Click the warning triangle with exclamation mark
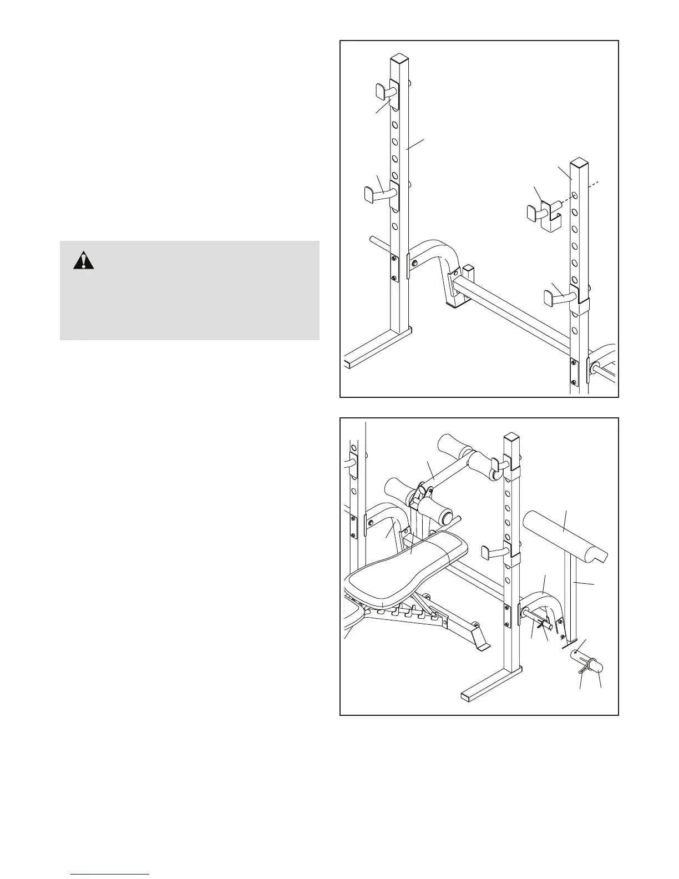pos(83,260)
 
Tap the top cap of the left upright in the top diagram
pos(398,58)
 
